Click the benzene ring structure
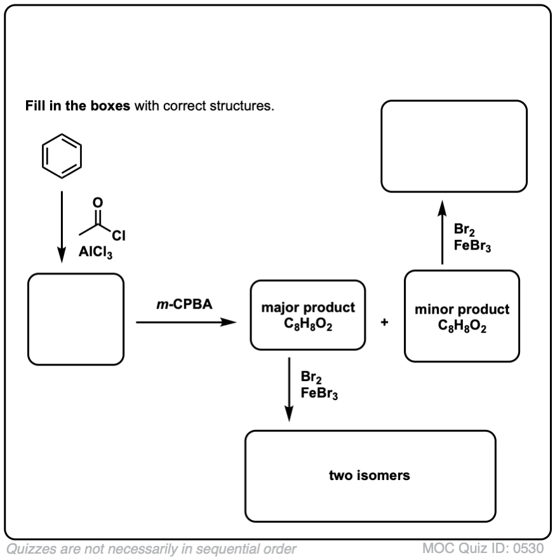[62, 156]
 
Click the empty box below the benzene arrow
[76, 319]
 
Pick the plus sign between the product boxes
[384, 323]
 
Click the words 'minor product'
[462, 310]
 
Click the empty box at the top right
[453, 146]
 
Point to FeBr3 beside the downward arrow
[319, 394]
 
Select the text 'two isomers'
[369, 476]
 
